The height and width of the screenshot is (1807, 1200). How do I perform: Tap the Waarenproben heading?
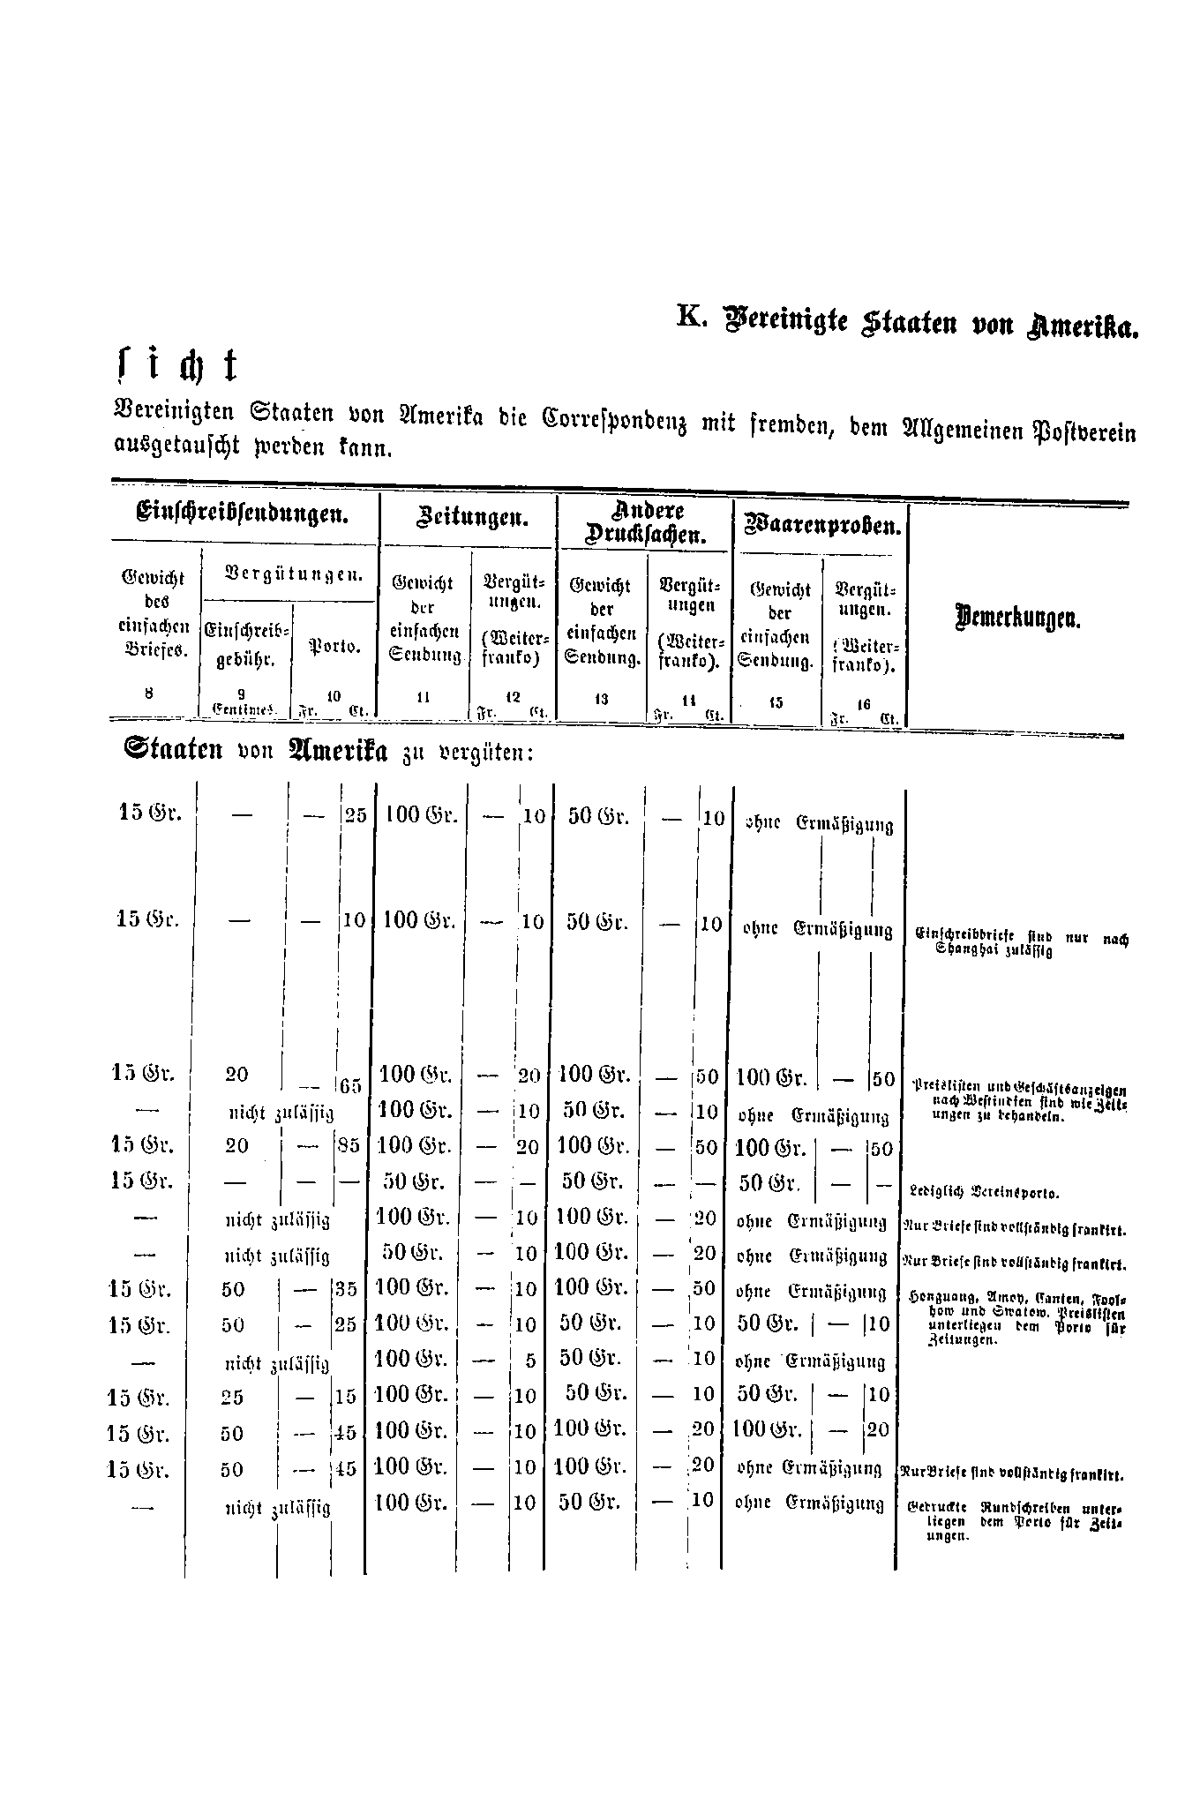click(822, 527)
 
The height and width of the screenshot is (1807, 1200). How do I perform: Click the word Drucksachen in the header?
click(646, 534)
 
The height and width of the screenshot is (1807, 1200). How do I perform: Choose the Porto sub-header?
click(334, 648)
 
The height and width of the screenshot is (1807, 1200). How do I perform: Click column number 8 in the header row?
click(150, 694)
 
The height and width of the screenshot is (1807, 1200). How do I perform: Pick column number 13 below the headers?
click(602, 699)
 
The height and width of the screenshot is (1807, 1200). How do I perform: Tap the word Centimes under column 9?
click(244, 709)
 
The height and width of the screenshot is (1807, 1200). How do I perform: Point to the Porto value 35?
click(346, 1289)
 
